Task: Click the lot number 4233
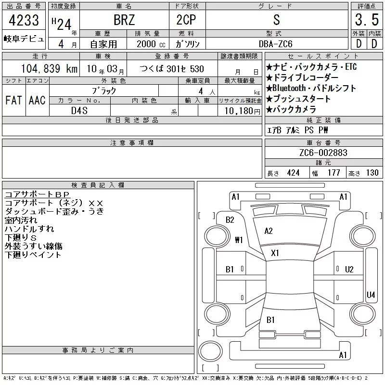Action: click(x=24, y=20)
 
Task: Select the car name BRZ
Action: click(x=124, y=20)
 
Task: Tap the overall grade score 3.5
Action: click(x=367, y=20)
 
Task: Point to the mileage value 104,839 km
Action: click(x=49, y=69)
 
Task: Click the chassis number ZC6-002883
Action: click(x=323, y=153)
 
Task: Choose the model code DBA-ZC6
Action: click(x=275, y=44)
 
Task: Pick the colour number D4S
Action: click(x=79, y=111)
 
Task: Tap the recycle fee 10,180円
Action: click(x=243, y=111)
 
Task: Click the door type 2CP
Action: click(x=186, y=20)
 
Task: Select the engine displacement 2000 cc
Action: click(x=151, y=44)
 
